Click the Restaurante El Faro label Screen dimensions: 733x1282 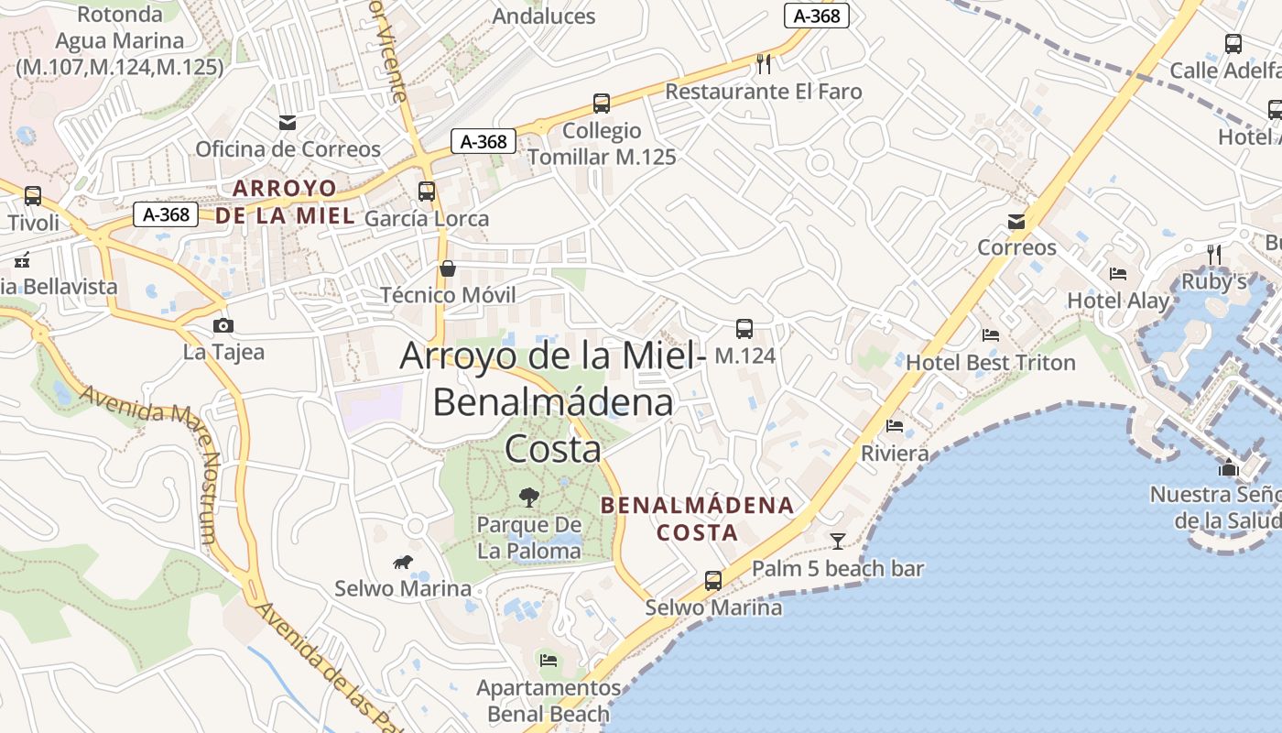[763, 92]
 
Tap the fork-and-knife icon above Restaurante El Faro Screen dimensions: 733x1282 [764, 63]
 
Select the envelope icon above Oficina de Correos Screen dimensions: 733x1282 [288, 122]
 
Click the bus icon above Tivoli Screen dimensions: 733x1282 [33, 195]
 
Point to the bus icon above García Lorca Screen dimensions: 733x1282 [427, 191]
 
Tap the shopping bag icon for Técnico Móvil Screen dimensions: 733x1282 [448, 268]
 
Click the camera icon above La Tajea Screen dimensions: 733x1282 [223, 325]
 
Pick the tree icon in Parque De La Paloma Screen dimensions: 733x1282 [529, 498]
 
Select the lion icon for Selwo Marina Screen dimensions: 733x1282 [402, 562]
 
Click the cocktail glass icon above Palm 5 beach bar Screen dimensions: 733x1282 [838, 541]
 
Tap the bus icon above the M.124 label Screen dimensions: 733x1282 [744, 328]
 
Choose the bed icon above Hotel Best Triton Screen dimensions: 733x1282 [990, 335]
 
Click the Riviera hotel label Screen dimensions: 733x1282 [895, 454]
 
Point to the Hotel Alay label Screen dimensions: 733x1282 [1118, 301]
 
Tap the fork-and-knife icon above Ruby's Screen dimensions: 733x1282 [1214, 253]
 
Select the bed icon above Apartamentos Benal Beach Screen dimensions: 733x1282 [549, 660]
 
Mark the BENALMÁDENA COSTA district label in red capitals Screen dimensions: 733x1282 [698, 519]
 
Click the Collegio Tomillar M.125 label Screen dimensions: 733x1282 [602, 144]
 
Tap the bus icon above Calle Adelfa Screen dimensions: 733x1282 [1233, 43]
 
